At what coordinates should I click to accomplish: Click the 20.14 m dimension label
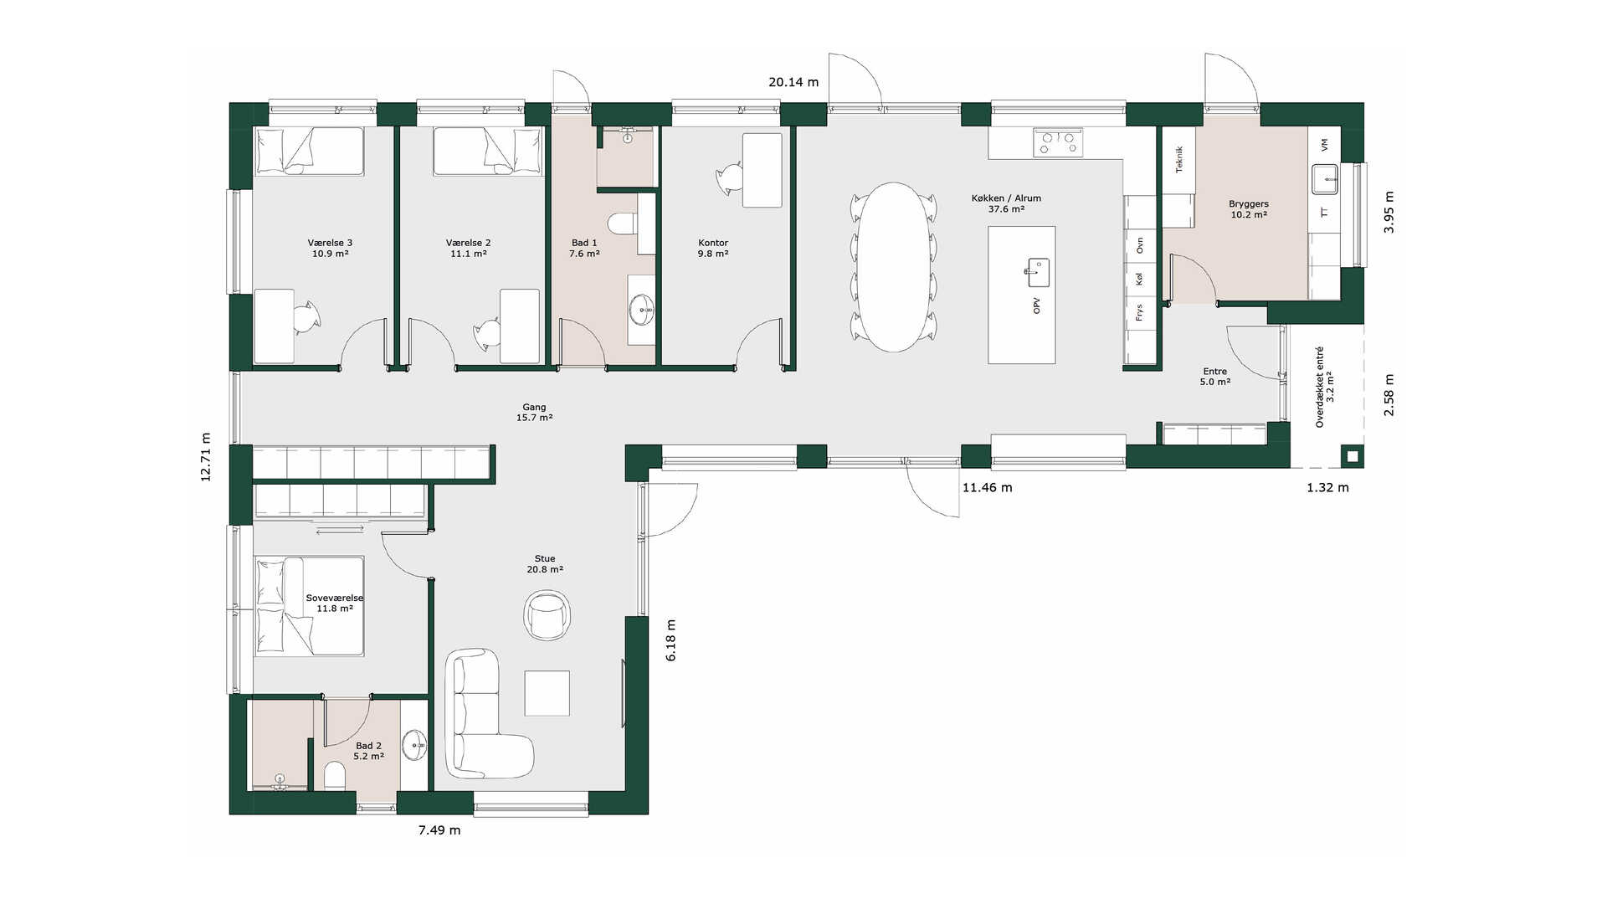(x=793, y=82)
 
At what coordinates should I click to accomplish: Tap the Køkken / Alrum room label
(x=1006, y=198)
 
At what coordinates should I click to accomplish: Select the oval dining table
(x=894, y=267)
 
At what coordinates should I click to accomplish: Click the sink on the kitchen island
(x=1038, y=271)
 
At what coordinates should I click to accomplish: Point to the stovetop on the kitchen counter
(x=1058, y=142)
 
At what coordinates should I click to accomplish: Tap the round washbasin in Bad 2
(x=414, y=743)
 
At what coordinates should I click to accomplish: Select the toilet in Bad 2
(x=334, y=776)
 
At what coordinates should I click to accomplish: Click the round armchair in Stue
(x=548, y=614)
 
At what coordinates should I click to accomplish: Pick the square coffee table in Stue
(x=547, y=693)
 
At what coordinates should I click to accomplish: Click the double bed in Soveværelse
(x=310, y=606)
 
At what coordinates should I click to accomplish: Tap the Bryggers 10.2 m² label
(x=1249, y=209)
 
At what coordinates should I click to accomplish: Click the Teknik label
(x=1179, y=159)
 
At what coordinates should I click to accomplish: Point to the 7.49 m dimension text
(x=439, y=830)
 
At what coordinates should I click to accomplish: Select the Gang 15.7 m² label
(x=534, y=413)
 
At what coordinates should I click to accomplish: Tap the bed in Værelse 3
(x=310, y=151)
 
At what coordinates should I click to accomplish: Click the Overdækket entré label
(x=1320, y=387)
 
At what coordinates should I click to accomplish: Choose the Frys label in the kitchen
(x=1139, y=312)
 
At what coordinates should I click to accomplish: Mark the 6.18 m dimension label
(x=671, y=640)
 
